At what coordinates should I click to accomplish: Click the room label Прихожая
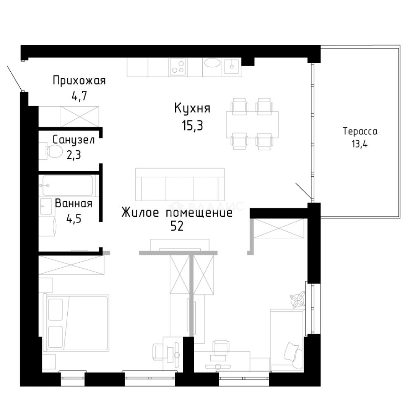tap(79, 81)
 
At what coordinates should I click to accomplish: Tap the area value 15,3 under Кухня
tap(192, 126)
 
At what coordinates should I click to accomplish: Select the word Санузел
tap(73, 140)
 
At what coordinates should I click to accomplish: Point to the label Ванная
tap(74, 203)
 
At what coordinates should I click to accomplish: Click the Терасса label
tap(360, 131)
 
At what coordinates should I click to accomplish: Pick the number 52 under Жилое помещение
tap(177, 226)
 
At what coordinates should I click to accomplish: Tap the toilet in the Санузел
tap(54, 151)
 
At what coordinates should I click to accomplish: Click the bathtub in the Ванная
tap(67, 185)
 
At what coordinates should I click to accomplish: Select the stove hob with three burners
tap(178, 66)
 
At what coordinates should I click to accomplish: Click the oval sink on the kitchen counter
tap(212, 63)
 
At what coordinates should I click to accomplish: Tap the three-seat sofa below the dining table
tap(180, 184)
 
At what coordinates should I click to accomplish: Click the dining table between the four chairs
tap(252, 124)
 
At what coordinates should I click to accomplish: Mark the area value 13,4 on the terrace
tap(359, 144)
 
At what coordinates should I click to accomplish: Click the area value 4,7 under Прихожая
tap(79, 96)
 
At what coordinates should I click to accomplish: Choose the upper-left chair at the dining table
tap(239, 106)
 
